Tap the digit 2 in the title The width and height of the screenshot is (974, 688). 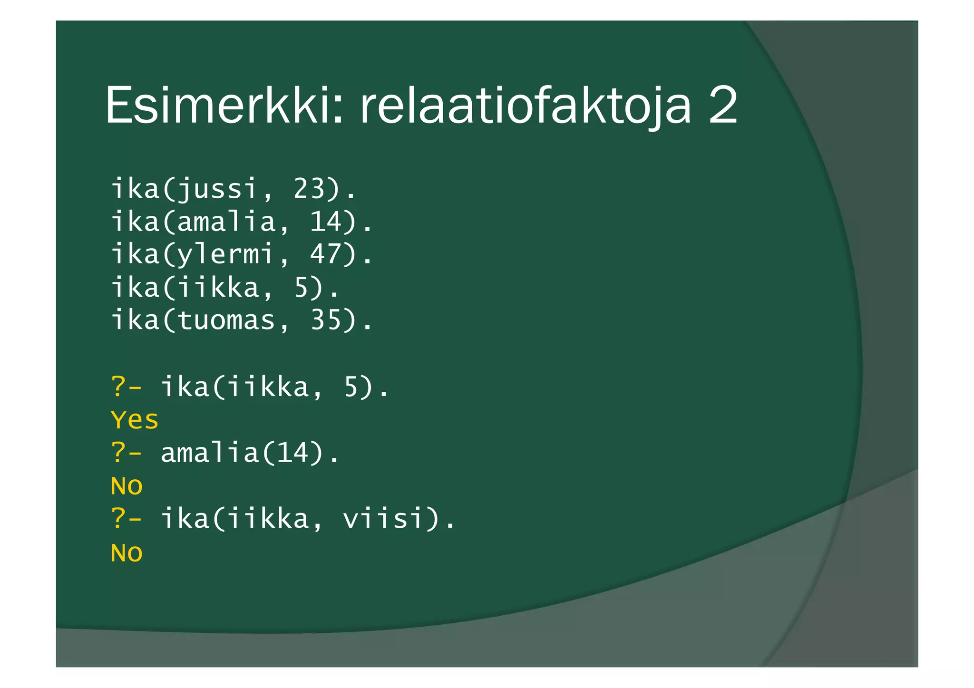pyautogui.click(x=723, y=106)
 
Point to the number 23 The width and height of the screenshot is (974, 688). pyautogui.click(x=309, y=189)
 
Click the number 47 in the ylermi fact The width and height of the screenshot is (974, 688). pyautogui.click(x=326, y=254)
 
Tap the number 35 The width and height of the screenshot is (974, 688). pyautogui.click(x=326, y=320)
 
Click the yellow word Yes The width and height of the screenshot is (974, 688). pyautogui.click(x=134, y=420)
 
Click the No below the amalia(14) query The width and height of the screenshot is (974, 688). pyautogui.click(x=127, y=486)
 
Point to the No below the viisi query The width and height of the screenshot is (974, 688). pyautogui.click(x=127, y=553)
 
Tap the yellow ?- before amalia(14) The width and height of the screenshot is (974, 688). pyautogui.click(x=126, y=453)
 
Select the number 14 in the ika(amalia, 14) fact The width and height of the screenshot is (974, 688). pyautogui.click(x=326, y=222)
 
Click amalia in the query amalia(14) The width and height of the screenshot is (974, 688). pyautogui.click(x=209, y=453)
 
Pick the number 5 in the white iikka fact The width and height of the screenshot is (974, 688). pyautogui.click(x=302, y=288)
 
